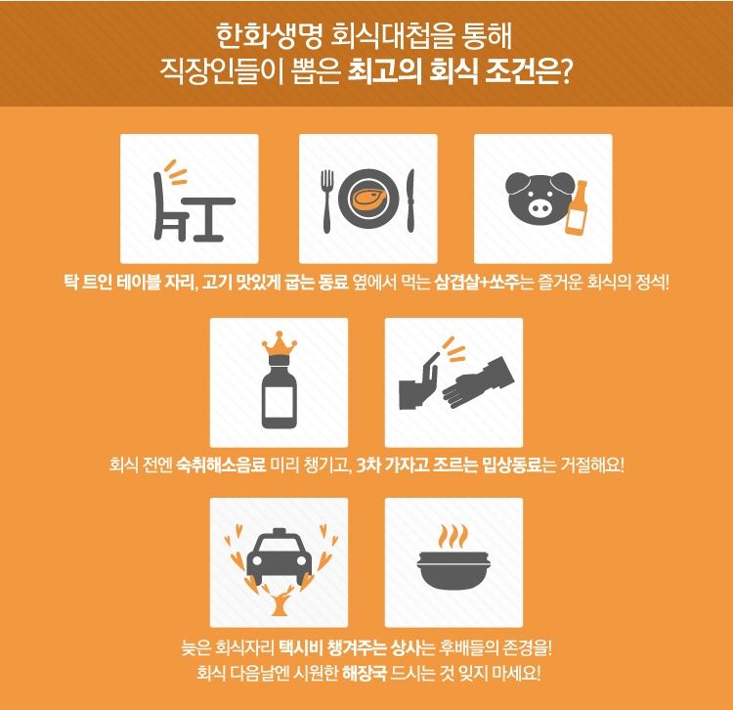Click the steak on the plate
pyautogui.click(x=369, y=201)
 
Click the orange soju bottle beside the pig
pyautogui.click(x=579, y=208)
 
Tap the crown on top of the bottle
pyautogui.click(x=279, y=348)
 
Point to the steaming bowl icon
pyautogui.click(x=453, y=571)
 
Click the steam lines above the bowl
pyautogui.click(x=453, y=537)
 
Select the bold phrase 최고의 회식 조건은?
pyautogui.click(x=459, y=73)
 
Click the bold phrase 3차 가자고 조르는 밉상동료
pyautogui.click(x=455, y=464)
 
